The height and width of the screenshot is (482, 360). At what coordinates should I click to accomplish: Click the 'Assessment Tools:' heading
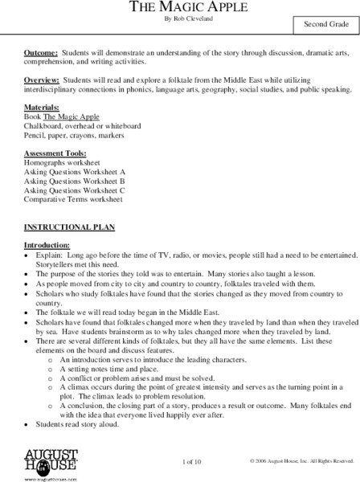click(54, 153)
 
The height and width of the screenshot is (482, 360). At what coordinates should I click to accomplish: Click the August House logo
click(45, 463)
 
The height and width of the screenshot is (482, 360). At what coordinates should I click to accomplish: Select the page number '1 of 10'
click(192, 461)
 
